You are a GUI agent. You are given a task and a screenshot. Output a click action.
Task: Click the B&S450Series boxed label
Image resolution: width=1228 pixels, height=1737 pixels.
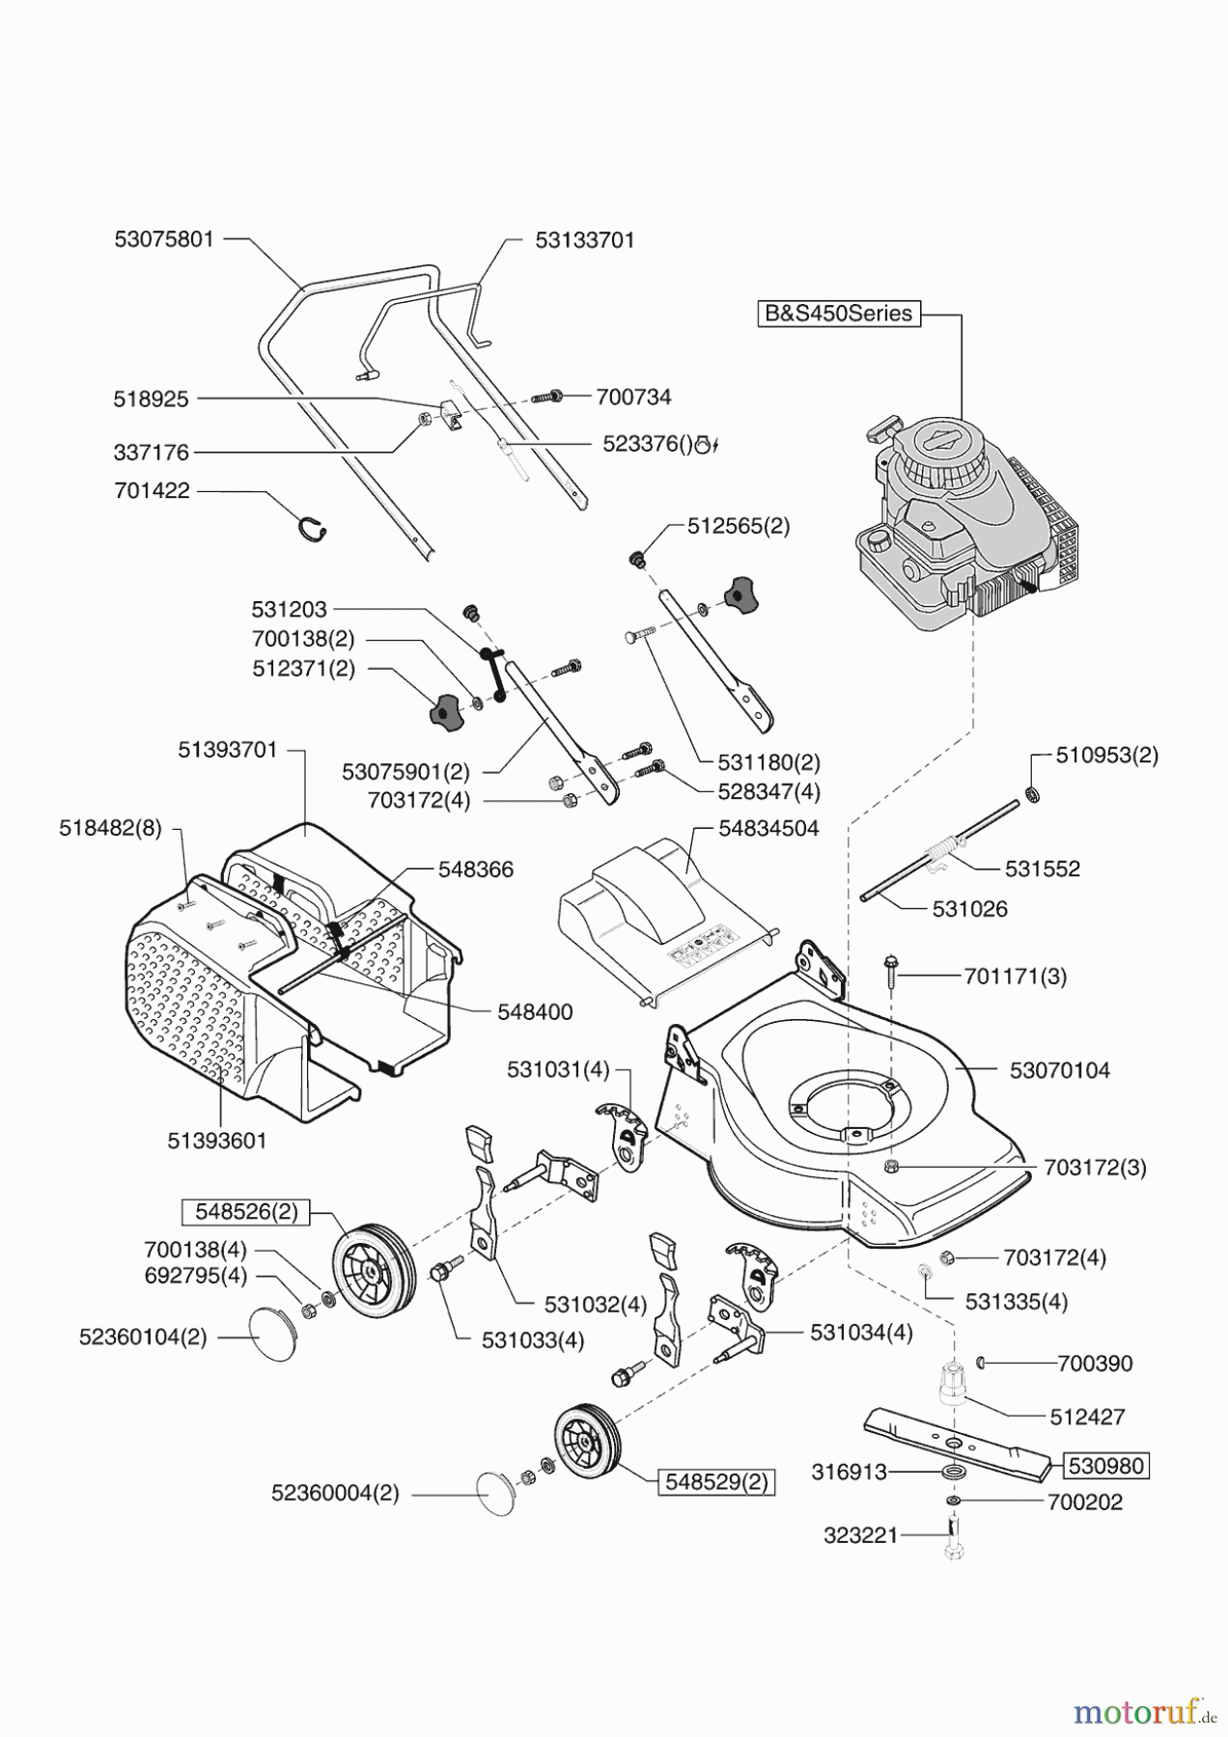838,314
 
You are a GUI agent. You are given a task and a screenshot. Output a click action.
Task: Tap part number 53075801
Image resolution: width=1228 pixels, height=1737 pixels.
163,239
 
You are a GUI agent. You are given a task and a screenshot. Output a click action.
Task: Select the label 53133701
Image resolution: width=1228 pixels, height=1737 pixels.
585,240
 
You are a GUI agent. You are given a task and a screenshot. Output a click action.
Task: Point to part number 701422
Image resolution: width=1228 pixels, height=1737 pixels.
152,491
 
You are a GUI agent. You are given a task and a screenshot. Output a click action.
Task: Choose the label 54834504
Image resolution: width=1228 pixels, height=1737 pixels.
768,828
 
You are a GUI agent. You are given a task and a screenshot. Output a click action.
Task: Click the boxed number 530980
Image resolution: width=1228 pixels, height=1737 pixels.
1106,1466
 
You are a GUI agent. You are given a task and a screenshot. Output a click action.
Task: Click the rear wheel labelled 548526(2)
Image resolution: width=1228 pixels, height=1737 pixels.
373,1271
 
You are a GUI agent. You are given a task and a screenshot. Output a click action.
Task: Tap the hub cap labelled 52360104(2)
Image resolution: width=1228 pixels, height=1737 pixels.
270,1335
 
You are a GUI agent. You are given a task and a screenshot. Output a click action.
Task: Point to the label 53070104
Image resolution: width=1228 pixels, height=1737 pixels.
1059,1070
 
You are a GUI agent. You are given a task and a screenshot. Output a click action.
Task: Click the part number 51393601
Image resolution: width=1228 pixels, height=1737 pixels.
217,1141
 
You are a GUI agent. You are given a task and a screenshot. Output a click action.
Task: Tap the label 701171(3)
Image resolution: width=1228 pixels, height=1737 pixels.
1016,977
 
